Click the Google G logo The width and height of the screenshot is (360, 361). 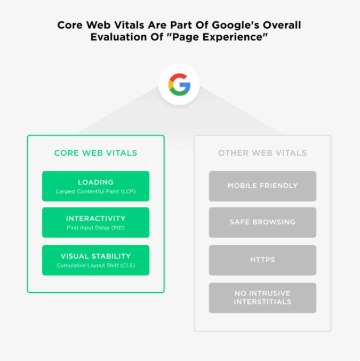pyautogui.click(x=179, y=84)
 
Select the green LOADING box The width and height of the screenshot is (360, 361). pyautogui.click(x=95, y=186)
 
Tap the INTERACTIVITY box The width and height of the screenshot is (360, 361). pyautogui.click(x=95, y=222)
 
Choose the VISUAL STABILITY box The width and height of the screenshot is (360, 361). pyautogui.click(x=95, y=260)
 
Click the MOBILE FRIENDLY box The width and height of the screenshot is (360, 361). pyautogui.click(x=262, y=186)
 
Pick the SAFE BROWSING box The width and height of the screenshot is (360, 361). pyautogui.click(x=262, y=222)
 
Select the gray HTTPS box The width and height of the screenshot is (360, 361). pyautogui.click(x=262, y=260)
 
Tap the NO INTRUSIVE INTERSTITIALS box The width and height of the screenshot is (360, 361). pyautogui.click(x=262, y=298)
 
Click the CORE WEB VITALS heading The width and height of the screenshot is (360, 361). pyautogui.click(x=95, y=153)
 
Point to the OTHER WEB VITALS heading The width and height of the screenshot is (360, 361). pyautogui.click(x=262, y=153)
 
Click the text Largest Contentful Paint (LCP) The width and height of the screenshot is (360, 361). pyautogui.click(x=96, y=191)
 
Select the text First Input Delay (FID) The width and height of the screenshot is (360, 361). pyautogui.click(x=96, y=228)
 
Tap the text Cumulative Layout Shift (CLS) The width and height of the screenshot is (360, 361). pyautogui.click(x=96, y=266)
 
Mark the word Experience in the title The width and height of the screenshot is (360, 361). pyautogui.click(x=235, y=37)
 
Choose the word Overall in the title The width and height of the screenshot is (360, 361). pyautogui.click(x=282, y=25)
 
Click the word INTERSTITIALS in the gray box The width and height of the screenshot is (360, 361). pyautogui.click(x=262, y=302)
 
